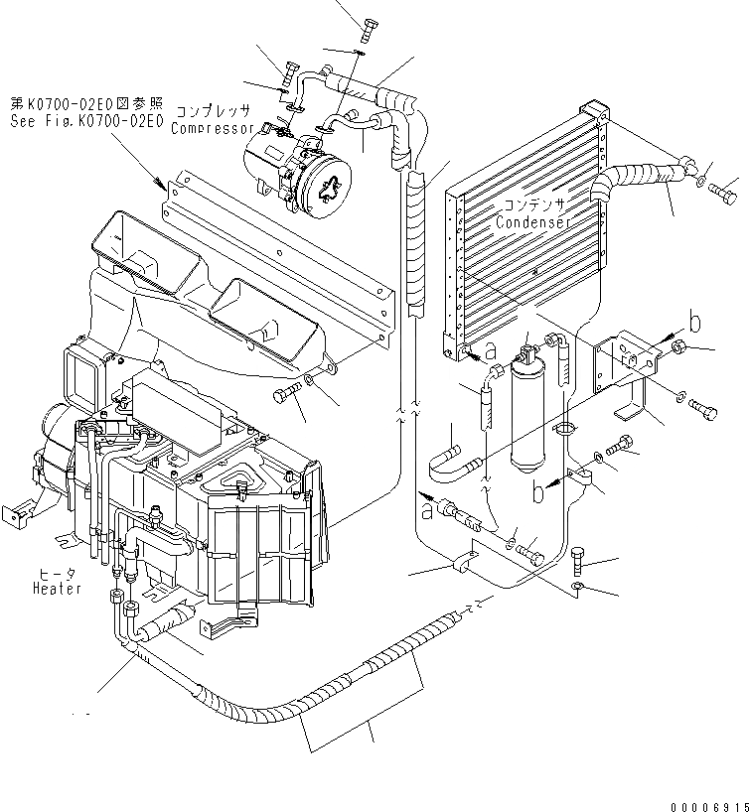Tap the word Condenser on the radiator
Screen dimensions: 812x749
click(534, 222)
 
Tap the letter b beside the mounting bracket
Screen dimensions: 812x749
click(696, 323)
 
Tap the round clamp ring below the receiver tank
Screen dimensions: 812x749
click(566, 429)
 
